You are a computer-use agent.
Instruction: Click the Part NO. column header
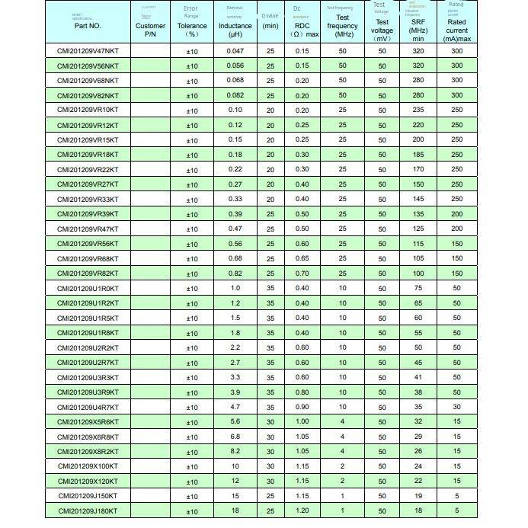(x=88, y=25)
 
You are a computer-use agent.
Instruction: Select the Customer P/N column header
(x=150, y=30)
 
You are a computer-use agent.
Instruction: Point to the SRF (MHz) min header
(x=418, y=30)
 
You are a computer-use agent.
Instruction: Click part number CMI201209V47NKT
(x=88, y=51)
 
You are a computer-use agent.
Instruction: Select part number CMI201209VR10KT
(x=88, y=110)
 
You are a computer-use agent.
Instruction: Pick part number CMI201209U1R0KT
(x=88, y=289)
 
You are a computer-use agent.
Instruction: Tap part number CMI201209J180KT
(x=88, y=511)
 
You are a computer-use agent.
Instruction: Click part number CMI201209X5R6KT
(x=88, y=422)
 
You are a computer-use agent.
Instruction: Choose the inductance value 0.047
(x=235, y=51)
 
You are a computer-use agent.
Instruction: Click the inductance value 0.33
(x=235, y=200)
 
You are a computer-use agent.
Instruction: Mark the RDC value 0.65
(x=302, y=259)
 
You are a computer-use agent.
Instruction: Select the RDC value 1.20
(x=302, y=511)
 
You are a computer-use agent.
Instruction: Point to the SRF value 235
(x=418, y=110)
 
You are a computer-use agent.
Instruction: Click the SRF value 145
(x=418, y=200)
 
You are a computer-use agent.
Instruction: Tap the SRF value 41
(x=418, y=378)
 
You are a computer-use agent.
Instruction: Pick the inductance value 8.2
(x=235, y=452)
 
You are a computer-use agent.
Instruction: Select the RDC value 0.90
(x=302, y=408)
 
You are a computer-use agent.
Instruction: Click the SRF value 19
(x=418, y=496)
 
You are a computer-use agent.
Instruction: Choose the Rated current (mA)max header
(x=456, y=30)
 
